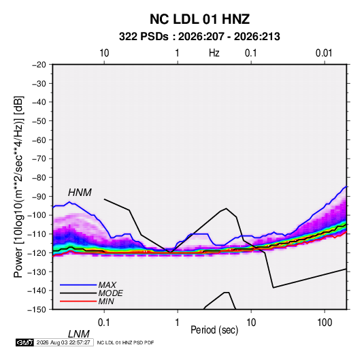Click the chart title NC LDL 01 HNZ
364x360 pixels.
point(199,19)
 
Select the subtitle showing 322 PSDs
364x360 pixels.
point(199,37)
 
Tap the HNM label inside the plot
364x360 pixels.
point(80,193)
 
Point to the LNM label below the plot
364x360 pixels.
point(78,334)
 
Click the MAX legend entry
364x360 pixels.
point(107,285)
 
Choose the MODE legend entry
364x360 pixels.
point(110,293)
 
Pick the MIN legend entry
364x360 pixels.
point(106,301)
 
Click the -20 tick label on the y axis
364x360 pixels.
point(39,65)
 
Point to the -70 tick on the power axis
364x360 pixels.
point(39,159)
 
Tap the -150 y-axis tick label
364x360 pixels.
point(37,310)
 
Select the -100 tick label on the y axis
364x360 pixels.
point(37,215)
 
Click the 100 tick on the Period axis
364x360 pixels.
point(325,323)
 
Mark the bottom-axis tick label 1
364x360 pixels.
point(178,323)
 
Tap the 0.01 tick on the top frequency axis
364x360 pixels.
point(324,53)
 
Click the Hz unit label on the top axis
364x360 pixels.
point(214,53)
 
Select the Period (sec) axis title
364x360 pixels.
point(214,330)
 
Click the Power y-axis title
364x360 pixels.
point(19,187)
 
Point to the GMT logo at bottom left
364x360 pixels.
point(25,342)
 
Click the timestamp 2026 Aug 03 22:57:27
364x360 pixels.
point(63,342)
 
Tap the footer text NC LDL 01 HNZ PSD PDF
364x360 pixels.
point(125,342)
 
